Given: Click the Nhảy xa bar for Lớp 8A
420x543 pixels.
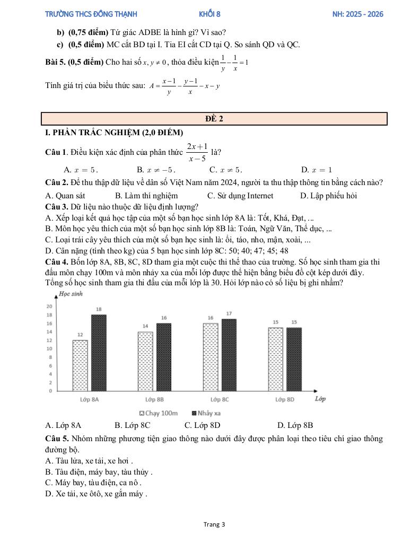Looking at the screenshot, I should pos(99,353).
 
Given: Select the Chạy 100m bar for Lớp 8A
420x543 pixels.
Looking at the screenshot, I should pos(80,365).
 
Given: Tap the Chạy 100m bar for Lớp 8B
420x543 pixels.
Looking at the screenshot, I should pos(145,361).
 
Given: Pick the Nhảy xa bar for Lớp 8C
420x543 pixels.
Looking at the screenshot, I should pos(229,355).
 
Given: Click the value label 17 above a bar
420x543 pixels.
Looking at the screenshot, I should pos(229,314).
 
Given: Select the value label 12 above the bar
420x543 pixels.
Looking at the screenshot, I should pos(80,335).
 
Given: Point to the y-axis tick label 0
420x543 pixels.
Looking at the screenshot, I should pos(51,391).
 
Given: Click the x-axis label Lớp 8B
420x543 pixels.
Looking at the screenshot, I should pos(154,399).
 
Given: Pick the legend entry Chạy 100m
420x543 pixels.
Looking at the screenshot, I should pos(158,413).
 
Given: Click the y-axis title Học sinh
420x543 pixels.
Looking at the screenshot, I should pos(71,294).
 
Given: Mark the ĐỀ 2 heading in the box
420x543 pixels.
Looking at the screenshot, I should pos(214,119).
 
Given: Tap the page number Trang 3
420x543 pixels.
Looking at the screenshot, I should pos(214,524).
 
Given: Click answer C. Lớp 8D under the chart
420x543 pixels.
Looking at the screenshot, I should pos(202,425).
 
